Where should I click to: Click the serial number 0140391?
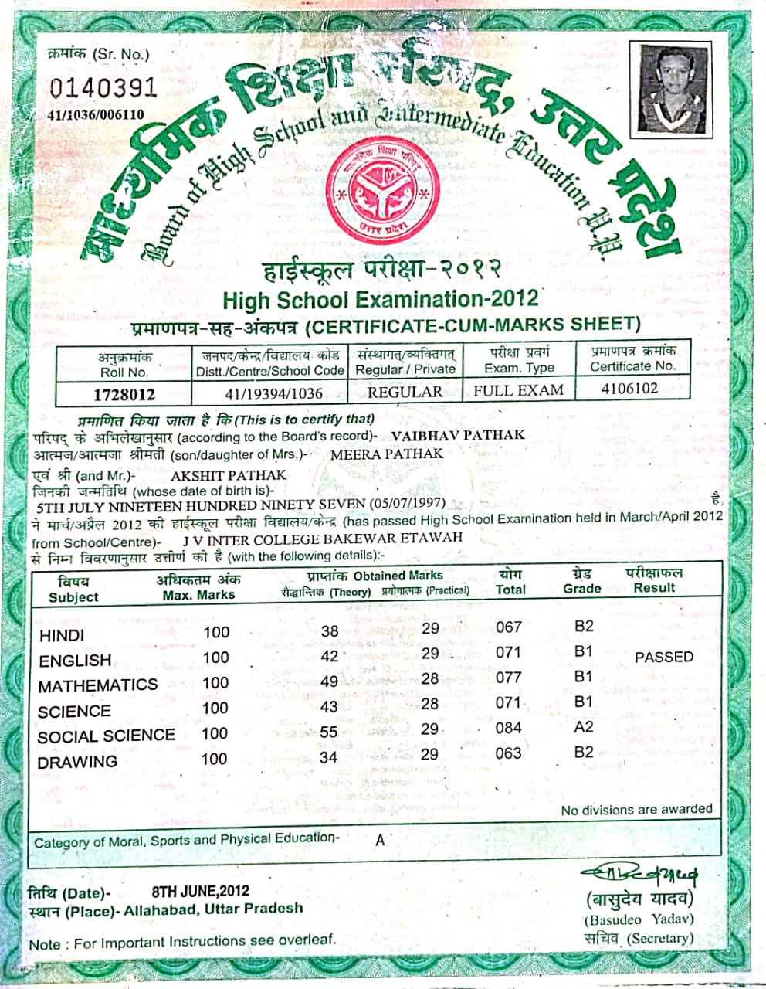click(103, 87)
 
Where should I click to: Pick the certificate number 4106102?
click(629, 388)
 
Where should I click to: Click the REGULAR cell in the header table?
click(405, 392)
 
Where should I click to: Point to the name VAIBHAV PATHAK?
click(458, 435)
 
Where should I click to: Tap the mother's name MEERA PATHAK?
click(387, 454)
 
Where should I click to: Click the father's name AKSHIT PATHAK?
click(228, 475)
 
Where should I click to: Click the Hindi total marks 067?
click(509, 627)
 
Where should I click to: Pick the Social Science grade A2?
click(584, 727)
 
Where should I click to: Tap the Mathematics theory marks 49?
click(329, 681)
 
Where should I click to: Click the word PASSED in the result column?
click(663, 657)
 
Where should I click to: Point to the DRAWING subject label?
click(77, 762)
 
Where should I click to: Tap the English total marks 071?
click(508, 653)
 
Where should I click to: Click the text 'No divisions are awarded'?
click(636, 809)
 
